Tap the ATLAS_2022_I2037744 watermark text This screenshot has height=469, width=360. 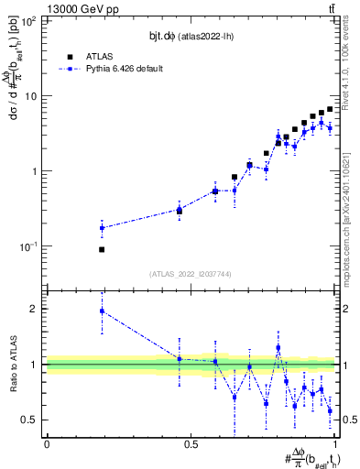[x=191, y=273]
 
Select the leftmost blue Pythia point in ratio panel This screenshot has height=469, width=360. [x=102, y=311]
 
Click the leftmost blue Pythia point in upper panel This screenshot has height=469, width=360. [x=102, y=228]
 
